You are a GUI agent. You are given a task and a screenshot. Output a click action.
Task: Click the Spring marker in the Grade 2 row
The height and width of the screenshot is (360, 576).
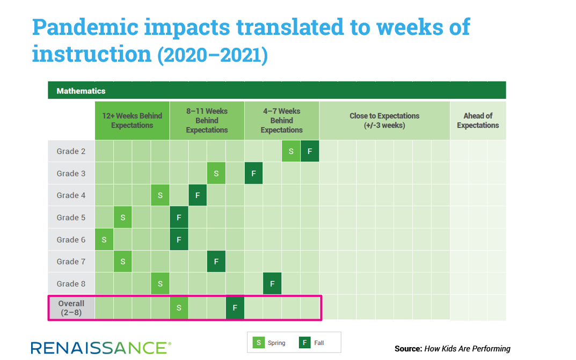point(291,151)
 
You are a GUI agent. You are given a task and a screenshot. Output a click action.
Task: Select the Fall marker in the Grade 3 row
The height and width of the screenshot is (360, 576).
point(253,173)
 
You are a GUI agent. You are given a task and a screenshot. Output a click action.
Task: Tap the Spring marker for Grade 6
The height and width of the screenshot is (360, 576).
point(104,240)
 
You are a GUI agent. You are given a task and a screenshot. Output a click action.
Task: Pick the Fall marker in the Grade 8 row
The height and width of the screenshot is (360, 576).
point(272,284)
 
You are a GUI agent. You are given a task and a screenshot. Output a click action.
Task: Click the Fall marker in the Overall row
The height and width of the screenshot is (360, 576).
point(235,307)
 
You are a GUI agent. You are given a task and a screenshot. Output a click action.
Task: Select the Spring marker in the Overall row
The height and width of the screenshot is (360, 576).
point(179,307)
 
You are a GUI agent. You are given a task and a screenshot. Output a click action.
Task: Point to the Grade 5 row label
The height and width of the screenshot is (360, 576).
point(71,218)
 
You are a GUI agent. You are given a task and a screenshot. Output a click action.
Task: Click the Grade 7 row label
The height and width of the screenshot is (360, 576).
point(71,262)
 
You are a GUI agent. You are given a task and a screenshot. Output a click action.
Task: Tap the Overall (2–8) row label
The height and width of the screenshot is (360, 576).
point(71,308)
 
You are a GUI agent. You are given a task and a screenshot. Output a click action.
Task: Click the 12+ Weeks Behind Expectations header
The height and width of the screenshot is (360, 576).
point(132,120)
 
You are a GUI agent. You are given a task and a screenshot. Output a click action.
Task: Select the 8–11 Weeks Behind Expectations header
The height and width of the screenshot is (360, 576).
point(207,120)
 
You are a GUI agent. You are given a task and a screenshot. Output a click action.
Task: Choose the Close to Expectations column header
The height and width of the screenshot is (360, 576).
point(384,120)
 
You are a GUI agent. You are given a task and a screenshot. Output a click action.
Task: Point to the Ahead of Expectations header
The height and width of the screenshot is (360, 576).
point(478,120)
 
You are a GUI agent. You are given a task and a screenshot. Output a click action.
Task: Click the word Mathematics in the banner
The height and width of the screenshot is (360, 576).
point(81,91)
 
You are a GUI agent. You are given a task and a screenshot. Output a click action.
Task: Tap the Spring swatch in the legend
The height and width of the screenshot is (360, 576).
point(259,343)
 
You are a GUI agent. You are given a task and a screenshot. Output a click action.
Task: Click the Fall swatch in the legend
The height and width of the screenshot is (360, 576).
point(305,343)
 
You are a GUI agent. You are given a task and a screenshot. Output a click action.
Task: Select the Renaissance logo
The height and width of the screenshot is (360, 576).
point(101,348)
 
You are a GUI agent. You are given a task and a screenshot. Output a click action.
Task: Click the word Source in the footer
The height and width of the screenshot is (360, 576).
point(408,349)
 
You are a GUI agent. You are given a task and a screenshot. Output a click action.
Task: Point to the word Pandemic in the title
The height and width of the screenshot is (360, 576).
point(85,27)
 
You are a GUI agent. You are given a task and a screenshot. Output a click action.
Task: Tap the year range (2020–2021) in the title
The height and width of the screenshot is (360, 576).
point(213,55)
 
